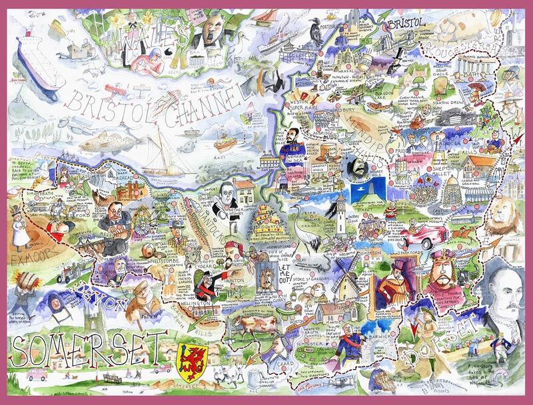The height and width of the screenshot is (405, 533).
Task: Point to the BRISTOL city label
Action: tap(406, 24)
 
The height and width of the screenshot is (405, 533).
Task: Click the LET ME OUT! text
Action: tap(286, 263)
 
